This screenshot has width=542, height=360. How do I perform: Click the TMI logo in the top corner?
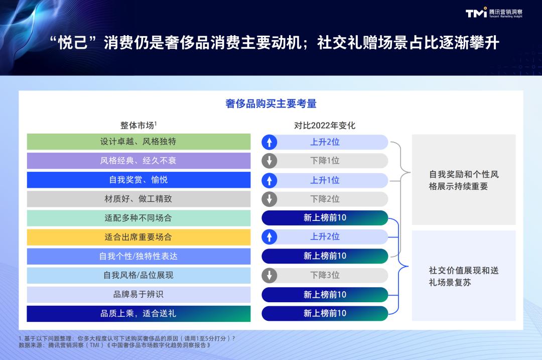coord(494,13)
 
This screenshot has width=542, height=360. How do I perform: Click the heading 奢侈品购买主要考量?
coord(270,103)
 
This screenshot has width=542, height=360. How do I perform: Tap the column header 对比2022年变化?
coord(325,125)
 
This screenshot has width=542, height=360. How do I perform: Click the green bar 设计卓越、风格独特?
coord(139,142)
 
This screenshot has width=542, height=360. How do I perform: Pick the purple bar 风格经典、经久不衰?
coord(139,161)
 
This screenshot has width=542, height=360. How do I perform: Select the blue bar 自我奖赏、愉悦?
coord(139,180)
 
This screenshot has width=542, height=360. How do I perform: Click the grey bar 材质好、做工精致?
coord(139,199)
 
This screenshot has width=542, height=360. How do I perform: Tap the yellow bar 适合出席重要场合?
coord(139,237)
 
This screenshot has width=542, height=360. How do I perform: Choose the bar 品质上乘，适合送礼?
coord(139,314)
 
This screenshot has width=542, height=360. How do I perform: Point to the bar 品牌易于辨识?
coord(139,294)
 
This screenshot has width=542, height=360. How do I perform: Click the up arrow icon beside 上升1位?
coord(269,181)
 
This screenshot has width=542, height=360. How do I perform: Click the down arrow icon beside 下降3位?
coord(269,275)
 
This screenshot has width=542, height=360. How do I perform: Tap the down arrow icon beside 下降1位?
coord(269,161)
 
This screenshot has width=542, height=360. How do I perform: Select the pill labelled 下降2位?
coord(325,199)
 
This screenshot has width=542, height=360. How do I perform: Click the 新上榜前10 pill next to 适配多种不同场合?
coord(325,218)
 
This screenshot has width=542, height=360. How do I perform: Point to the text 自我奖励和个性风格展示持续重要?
coord(464,180)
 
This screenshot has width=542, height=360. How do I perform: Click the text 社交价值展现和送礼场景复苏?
coord(464,276)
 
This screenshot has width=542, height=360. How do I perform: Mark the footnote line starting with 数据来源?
coord(114,345)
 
